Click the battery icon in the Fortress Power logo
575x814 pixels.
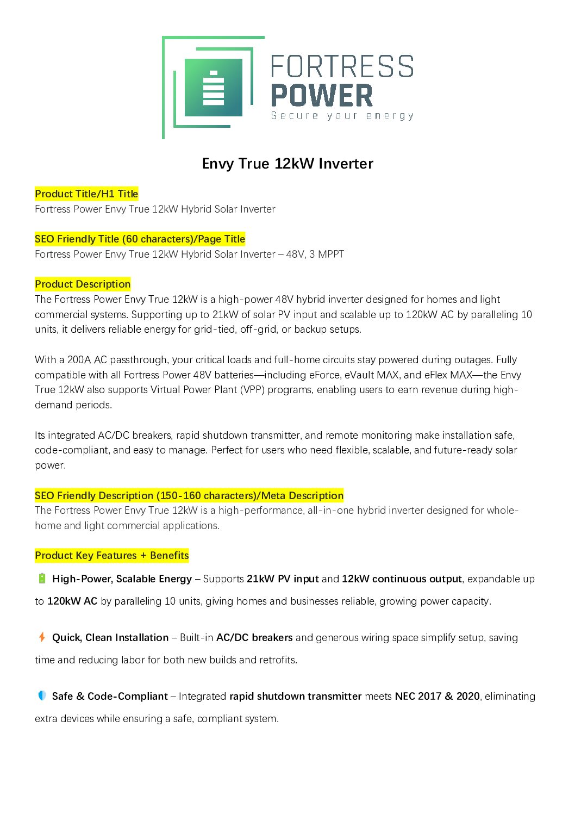click(213, 88)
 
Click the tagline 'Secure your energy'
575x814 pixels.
click(342, 115)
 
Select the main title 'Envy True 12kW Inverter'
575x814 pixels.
click(287, 164)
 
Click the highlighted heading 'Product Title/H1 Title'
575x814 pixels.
click(86, 194)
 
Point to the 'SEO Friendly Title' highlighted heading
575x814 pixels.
click(140, 239)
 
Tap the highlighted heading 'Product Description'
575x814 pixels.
click(83, 284)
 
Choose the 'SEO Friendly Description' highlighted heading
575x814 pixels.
click(189, 495)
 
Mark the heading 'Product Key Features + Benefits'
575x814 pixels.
click(111, 555)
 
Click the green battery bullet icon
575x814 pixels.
click(42, 579)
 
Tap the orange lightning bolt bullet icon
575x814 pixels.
click(42, 637)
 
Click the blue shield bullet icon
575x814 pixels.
click(42, 695)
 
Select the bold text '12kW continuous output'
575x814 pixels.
click(402, 579)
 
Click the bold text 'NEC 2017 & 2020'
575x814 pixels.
click(437, 696)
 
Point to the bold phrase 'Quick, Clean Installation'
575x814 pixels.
click(110, 637)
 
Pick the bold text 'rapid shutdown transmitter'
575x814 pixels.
click(295, 696)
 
